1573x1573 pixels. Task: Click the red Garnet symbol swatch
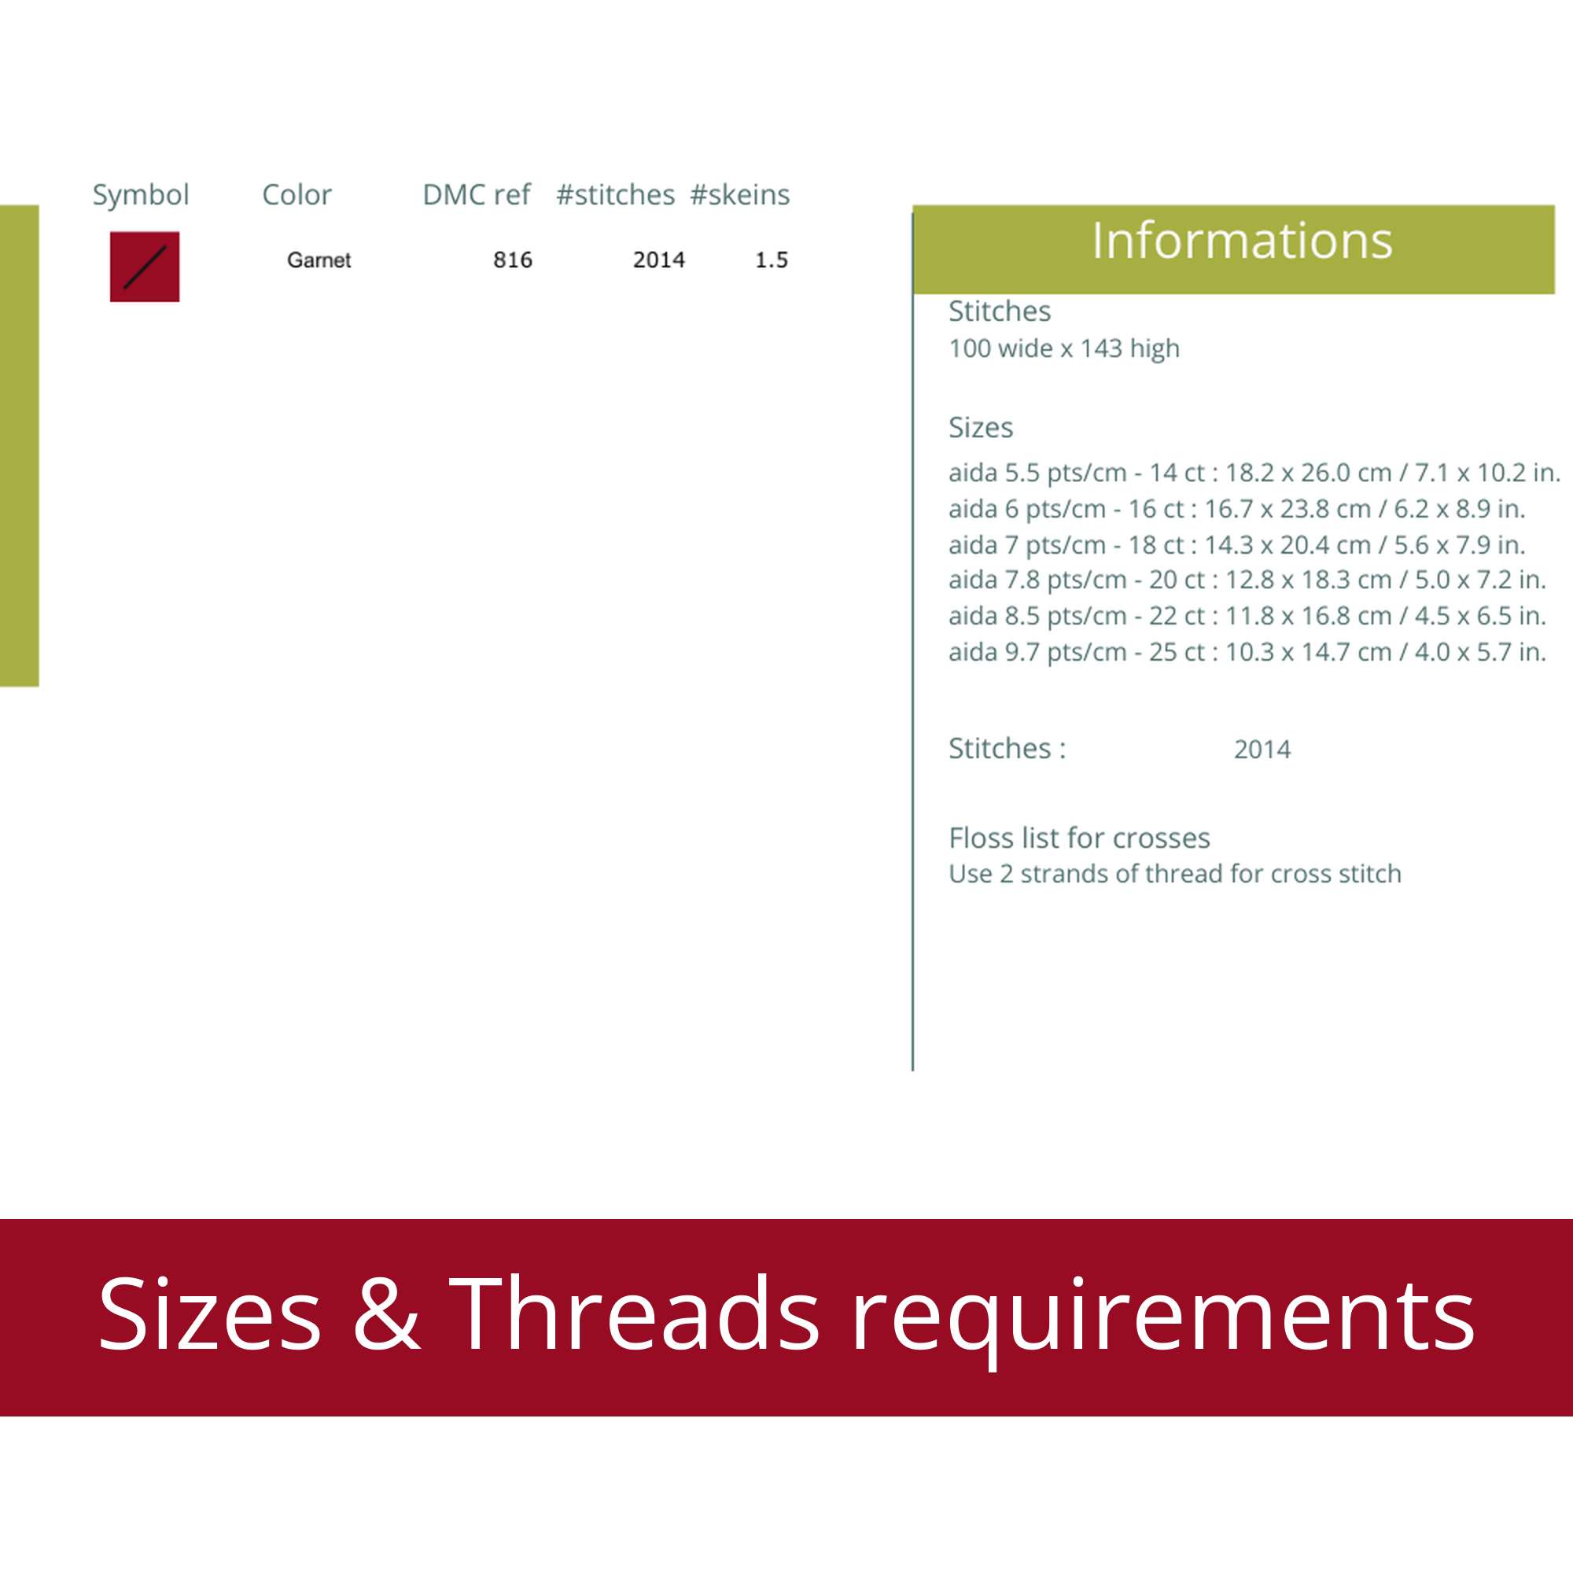click(145, 267)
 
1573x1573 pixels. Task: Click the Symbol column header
click(141, 195)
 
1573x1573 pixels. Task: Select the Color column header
click(297, 194)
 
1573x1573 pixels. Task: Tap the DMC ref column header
click(477, 194)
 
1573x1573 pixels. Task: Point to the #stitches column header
click(616, 194)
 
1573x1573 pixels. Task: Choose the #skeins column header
click(740, 194)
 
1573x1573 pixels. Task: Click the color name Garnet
click(319, 260)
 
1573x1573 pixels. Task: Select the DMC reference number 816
click(513, 260)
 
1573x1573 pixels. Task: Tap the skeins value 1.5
click(772, 260)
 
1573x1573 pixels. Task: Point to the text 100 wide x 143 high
click(1064, 348)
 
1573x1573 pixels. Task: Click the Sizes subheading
click(981, 427)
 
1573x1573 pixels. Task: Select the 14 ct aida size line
click(1254, 472)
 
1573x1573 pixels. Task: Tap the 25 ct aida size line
click(1247, 651)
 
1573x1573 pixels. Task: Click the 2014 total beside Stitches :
click(1263, 749)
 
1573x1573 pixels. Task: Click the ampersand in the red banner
click(387, 1314)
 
